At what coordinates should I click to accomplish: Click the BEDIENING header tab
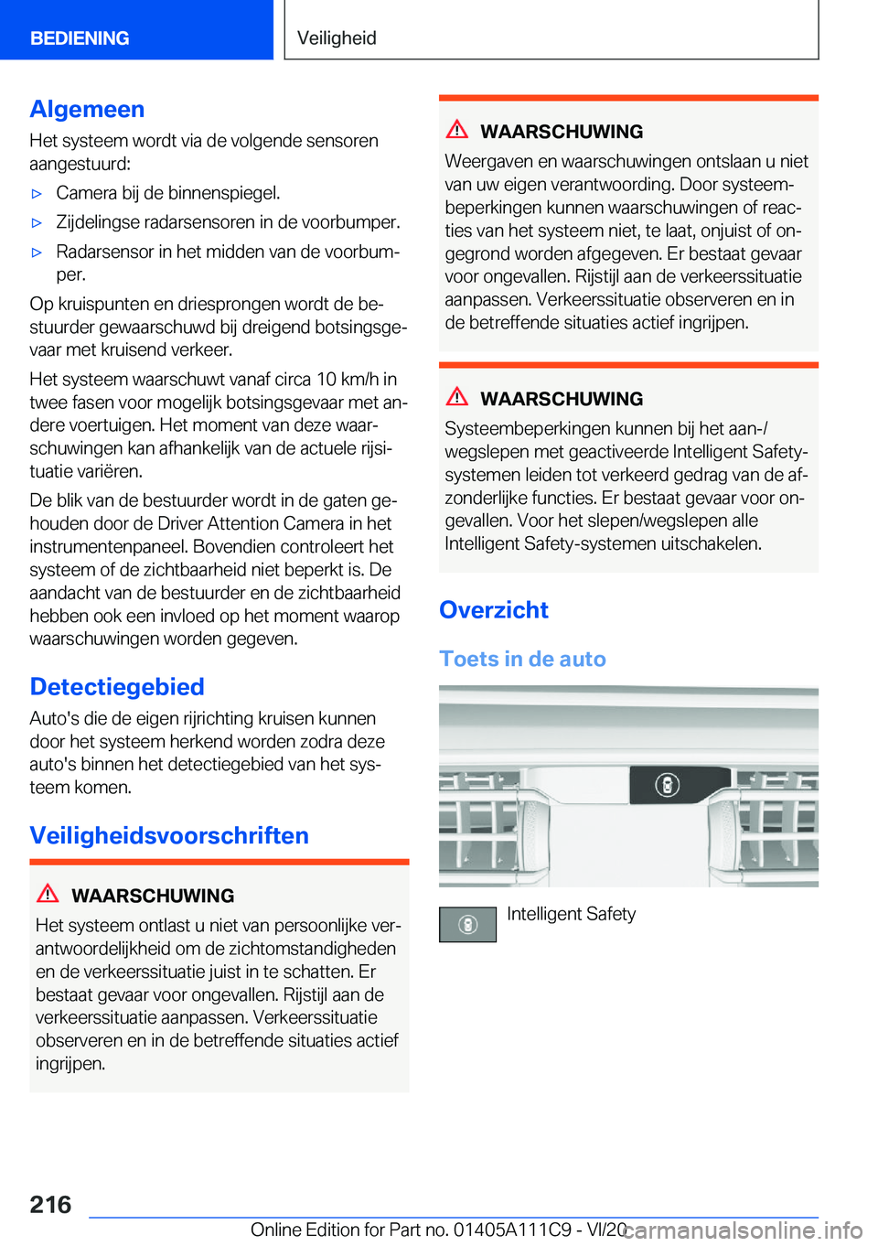coord(80,38)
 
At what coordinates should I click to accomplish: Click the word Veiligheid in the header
coord(337,38)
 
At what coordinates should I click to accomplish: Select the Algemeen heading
coord(87,109)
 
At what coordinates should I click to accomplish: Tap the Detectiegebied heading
coord(117,686)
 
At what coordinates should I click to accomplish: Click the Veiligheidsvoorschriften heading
coord(169,835)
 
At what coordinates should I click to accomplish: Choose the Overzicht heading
coord(494,609)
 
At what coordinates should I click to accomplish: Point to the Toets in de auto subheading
coord(522,659)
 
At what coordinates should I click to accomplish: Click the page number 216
coord(50,1204)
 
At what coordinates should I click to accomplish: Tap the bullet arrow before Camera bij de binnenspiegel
coord(37,194)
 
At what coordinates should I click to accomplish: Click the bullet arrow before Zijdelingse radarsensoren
coord(37,223)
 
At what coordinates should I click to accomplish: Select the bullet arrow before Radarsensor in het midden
coord(37,252)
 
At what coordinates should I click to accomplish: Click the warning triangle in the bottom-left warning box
coord(48,894)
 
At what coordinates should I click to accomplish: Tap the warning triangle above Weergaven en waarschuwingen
coord(456,130)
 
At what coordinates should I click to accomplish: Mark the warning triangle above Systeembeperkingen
coord(456,397)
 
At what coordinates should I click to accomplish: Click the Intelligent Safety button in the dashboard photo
coord(668,785)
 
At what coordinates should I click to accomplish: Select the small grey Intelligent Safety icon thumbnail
coord(467,924)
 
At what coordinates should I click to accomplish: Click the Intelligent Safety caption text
coord(571,914)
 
